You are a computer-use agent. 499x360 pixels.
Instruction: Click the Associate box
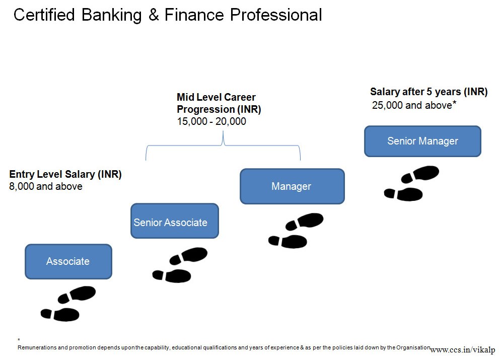(x=68, y=262)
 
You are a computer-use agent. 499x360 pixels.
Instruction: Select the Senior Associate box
(x=175, y=221)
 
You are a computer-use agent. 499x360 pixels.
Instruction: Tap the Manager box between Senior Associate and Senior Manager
(x=292, y=186)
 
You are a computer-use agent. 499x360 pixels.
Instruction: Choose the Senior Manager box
(x=422, y=141)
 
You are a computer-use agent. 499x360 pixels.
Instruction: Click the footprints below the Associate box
(x=68, y=303)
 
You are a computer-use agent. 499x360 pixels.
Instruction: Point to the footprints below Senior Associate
(x=180, y=265)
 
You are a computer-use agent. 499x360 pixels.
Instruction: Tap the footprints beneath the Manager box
(x=296, y=231)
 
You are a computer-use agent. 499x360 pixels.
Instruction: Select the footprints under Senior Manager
(x=411, y=183)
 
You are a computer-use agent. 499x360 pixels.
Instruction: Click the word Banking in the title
(x=111, y=15)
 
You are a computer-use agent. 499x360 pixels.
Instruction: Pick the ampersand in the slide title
(x=154, y=15)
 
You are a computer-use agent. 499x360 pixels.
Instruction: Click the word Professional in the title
(x=276, y=15)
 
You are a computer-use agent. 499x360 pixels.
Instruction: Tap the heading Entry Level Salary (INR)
(x=65, y=174)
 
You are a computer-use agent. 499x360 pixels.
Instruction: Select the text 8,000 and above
(x=46, y=186)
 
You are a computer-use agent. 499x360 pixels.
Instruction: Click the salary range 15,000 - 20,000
(x=211, y=121)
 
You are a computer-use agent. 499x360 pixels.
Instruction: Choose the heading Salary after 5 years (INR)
(x=429, y=92)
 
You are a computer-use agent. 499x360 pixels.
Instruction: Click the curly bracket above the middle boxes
(x=223, y=145)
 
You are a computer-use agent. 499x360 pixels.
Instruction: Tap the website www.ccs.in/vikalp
(x=462, y=349)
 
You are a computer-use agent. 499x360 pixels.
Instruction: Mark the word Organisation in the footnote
(x=413, y=347)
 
